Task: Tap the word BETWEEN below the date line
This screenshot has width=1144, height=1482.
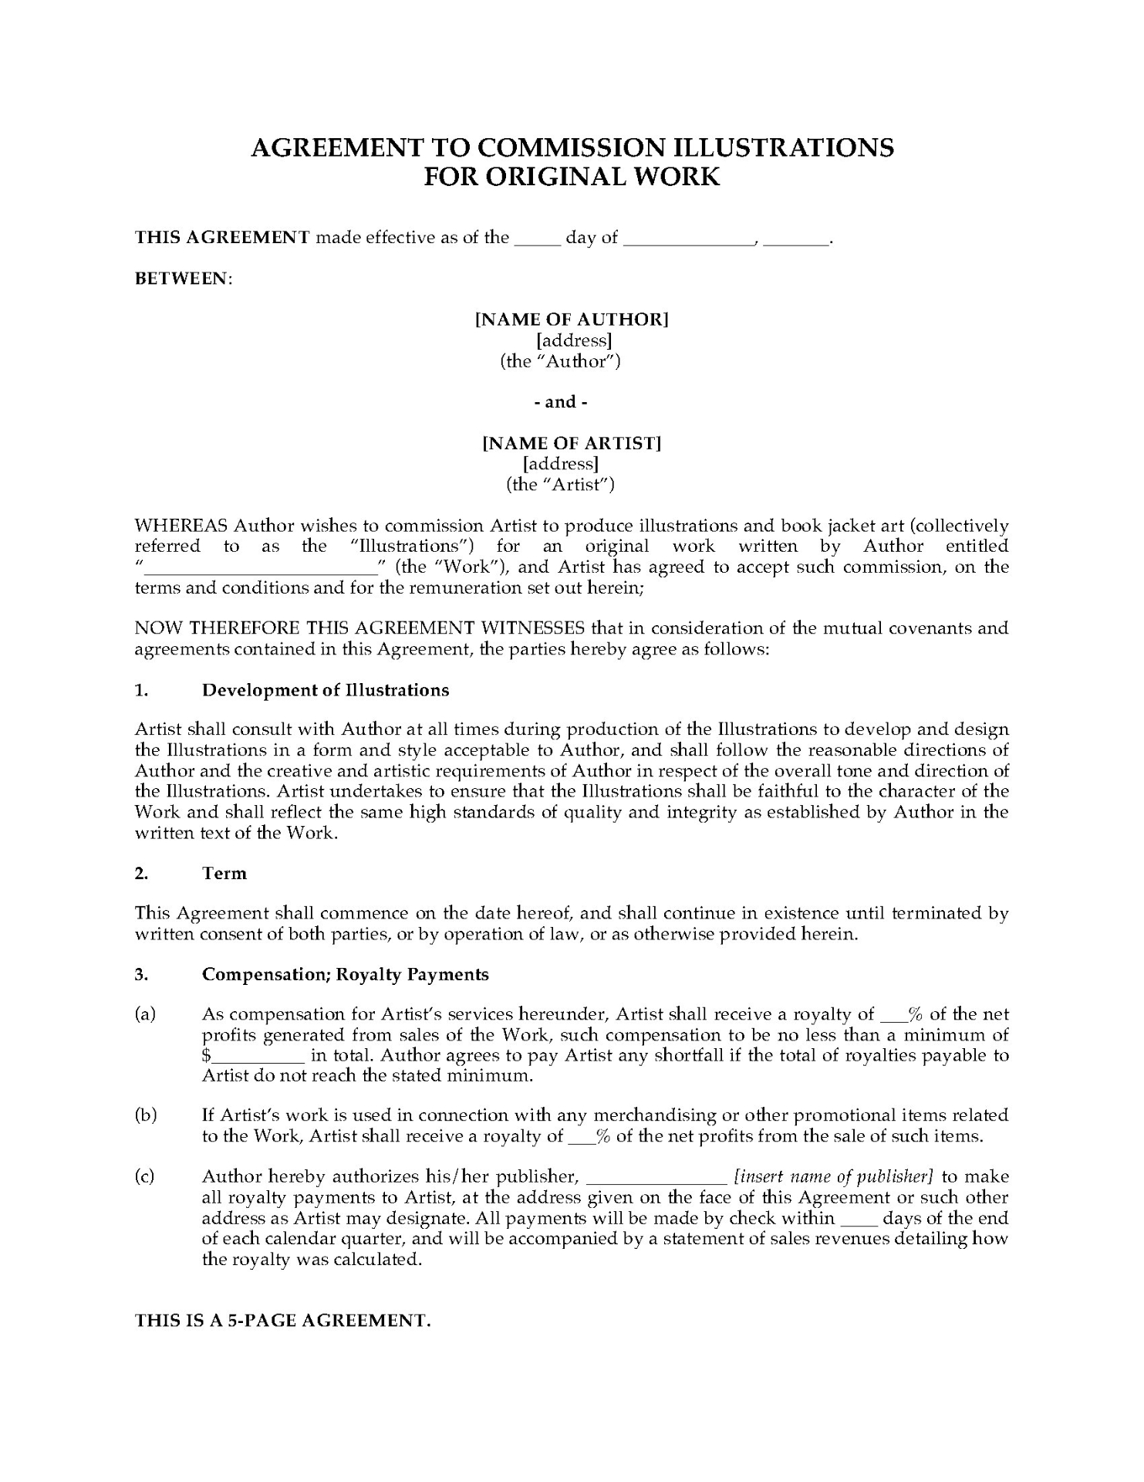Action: (x=183, y=278)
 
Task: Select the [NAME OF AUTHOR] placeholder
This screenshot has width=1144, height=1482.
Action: (x=572, y=319)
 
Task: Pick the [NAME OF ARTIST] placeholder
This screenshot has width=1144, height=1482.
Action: (x=572, y=443)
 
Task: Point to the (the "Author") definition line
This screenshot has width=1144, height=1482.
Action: (x=560, y=360)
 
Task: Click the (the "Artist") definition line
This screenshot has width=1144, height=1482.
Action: (x=560, y=484)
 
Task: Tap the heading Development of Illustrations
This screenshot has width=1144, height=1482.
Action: (x=326, y=689)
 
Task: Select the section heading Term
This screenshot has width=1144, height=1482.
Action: (x=224, y=873)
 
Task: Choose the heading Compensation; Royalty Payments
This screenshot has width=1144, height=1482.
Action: (x=346, y=974)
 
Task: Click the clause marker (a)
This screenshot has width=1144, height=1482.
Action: (x=145, y=1013)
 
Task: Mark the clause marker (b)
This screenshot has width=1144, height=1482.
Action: (x=145, y=1115)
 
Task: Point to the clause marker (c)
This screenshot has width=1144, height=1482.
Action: (x=145, y=1176)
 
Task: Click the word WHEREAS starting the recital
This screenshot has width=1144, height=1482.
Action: (x=181, y=526)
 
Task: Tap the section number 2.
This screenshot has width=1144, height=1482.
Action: (x=141, y=873)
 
